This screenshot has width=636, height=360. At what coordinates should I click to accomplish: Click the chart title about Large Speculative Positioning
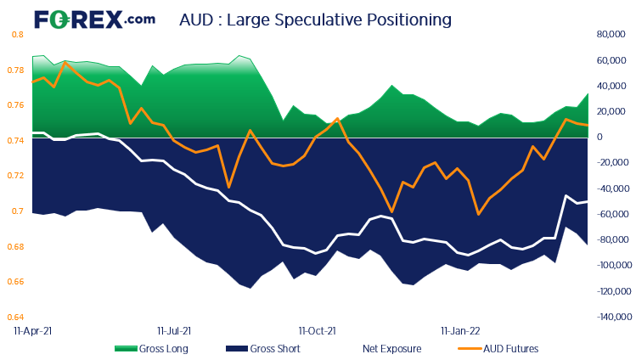pyautogui.click(x=315, y=19)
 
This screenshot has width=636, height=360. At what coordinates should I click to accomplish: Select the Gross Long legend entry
pyautogui.click(x=151, y=348)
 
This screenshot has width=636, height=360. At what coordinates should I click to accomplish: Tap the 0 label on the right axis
pyautogui.click(x=599, y=138)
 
